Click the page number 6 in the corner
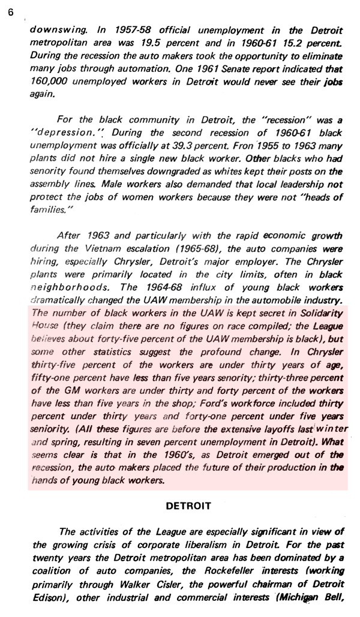(11, 13)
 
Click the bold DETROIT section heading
(188, 506)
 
